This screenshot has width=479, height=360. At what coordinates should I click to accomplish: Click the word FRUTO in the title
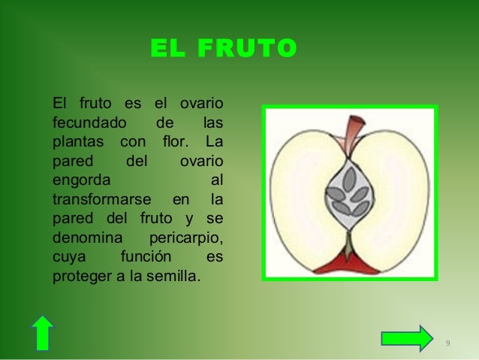click(247, 49)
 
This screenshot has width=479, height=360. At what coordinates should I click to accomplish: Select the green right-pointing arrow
click(406, 337)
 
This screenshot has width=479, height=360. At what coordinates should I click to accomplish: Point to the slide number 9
click(447, 343)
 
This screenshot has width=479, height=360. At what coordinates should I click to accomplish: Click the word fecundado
click(87, 122)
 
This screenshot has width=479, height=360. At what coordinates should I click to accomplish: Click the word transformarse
click(104, 200)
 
